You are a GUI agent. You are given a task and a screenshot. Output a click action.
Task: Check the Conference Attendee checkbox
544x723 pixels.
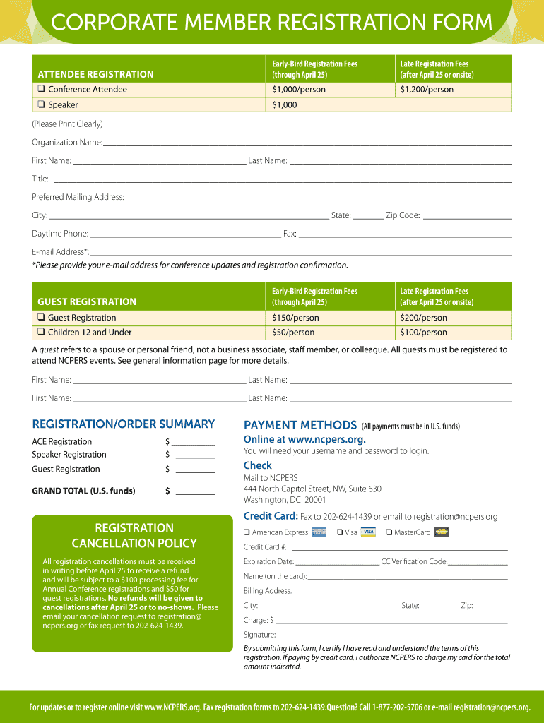42,90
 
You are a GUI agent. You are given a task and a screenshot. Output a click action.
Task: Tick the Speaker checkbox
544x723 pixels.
42,105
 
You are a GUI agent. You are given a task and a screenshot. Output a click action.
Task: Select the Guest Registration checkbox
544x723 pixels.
42,318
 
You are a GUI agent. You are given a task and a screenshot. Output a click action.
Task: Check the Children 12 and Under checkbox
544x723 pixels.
42,333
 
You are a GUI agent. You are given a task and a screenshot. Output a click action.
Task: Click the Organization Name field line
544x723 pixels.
307,144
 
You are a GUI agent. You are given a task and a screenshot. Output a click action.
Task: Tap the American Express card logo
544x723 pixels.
319,532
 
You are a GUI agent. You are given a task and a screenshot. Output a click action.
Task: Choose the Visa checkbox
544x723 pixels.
340,532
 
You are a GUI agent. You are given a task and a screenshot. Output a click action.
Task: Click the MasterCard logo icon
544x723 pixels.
442,532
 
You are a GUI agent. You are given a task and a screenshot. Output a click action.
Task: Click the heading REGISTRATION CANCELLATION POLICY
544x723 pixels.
134,536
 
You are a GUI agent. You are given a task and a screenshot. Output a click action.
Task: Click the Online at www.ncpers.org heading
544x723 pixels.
304,439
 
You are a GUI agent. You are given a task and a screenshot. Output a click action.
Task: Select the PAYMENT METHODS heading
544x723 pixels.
300,425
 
